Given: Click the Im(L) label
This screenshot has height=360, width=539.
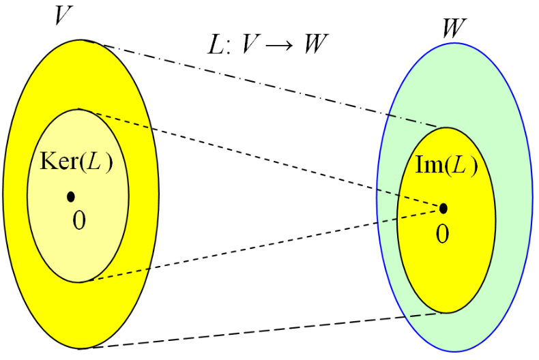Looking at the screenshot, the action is pyautogui.click(x=446, y=166).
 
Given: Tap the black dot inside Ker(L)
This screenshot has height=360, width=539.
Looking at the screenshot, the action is pyautogui.click(x=70, y=197).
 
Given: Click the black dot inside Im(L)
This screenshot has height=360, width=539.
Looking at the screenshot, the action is pyautogui.click(x=443, y=208).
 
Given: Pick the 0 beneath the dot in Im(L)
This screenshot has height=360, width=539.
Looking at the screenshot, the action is pyautogui.click(x=443, y=234).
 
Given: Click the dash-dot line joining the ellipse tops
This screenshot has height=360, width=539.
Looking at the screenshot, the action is pyautogui.click(x=273, y=87).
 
